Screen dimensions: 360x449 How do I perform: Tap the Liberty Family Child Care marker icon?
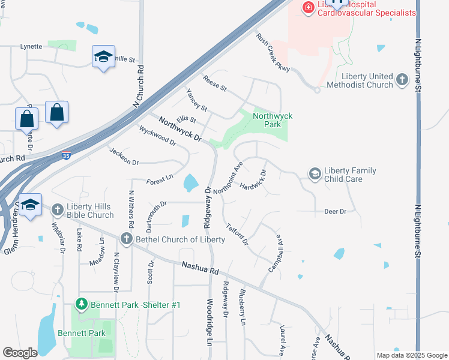(315, 174)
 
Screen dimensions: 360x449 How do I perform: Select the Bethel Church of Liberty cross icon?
(126, 239)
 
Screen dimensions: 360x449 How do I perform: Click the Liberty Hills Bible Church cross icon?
(57, 210)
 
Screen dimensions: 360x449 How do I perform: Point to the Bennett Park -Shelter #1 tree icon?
(82, 305)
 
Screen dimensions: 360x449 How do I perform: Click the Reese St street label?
(214, 84)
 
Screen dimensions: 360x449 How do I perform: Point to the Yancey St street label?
(196, 100)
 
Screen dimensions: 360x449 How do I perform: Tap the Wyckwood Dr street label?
(157, 136)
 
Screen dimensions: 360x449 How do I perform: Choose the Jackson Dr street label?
(124, 157)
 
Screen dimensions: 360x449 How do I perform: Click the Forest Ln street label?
(160, 179)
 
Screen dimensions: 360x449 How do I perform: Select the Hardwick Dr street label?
(252, 181)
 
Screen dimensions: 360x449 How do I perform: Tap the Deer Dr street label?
(335, 212)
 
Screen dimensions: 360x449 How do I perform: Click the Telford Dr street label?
(237, 233)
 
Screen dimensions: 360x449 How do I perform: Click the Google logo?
(20, 353)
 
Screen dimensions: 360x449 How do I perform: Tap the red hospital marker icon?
(309, 7)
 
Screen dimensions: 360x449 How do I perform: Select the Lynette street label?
(31, 46)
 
